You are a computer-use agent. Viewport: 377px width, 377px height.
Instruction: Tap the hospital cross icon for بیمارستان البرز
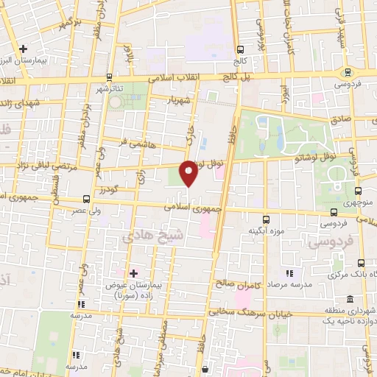click(24, 49)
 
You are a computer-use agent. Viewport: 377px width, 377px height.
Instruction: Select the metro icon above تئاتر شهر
click(110, 76)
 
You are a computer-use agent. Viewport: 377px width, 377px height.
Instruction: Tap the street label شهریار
click(180, 98)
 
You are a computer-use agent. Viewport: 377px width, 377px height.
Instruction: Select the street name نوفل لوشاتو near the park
click(313, 156)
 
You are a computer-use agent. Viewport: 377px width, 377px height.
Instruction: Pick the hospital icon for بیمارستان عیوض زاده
click(133, 274)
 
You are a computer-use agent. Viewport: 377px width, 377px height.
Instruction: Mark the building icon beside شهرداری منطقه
click(349, 300)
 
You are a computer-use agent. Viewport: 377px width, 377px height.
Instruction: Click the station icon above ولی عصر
click(87, 200)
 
